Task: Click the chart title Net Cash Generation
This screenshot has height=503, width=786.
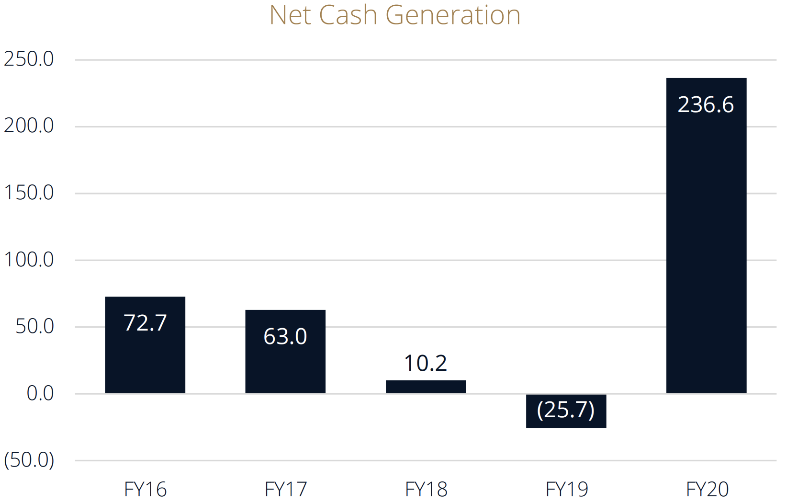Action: click(x=394, y=15)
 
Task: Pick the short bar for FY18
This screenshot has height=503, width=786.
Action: click(x=426, y=387)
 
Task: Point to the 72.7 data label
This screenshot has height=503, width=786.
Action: click(x=145, y=323)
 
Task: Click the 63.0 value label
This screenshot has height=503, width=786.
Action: click(x=285, y=336)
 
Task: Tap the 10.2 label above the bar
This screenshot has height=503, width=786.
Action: click(x=426, y=363)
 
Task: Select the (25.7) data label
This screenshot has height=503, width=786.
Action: click(x=566, y=410)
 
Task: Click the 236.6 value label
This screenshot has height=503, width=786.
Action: click(x=706, y=105)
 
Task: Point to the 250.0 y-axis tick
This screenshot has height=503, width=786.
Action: click(x=29, y=59)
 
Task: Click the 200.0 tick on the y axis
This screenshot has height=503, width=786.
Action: click(x=29, y=126)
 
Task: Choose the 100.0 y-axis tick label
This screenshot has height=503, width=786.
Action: click(x=29, y=260)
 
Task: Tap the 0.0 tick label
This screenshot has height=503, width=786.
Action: click(x=40, y=393)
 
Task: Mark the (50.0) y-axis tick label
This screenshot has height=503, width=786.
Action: click(x=29, y=460)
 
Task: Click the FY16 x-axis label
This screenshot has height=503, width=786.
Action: click(x=145, y=490)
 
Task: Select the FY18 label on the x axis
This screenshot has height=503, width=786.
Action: click(x=426, y=490)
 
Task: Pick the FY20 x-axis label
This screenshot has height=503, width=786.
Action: click(x=707, y=490)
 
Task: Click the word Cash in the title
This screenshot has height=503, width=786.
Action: click(x=348, y=15)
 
